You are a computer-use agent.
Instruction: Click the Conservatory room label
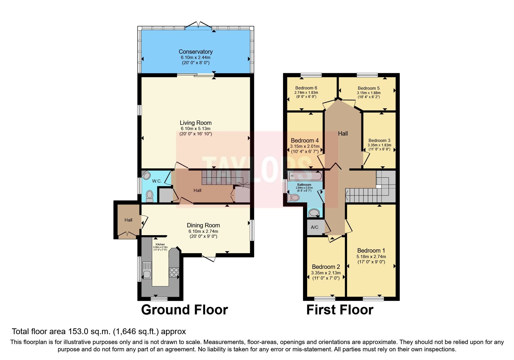(195, 52)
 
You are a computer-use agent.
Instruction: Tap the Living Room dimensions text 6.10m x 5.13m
(195, 129)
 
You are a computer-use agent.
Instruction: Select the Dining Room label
(203, 225)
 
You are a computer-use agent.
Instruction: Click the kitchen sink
(147, 270)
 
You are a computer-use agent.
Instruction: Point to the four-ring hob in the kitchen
(174, 272)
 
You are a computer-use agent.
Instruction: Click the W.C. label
(157, 181)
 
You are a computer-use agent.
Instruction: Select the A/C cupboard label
(315, 227)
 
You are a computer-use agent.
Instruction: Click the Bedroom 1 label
(371, 251)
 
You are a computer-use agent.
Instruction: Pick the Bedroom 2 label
(326, 267)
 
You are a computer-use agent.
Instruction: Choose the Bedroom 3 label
(379, 141)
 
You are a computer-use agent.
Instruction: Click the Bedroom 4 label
(305, 141)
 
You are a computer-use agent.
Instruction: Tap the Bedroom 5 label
(369, 88)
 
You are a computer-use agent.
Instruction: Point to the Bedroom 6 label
(306, 88)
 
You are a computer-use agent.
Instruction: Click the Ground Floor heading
(184, 310)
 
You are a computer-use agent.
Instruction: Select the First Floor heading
(340, 310)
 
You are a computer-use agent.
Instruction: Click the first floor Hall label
(343, 134)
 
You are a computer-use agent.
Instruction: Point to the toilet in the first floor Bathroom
(293, 198)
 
